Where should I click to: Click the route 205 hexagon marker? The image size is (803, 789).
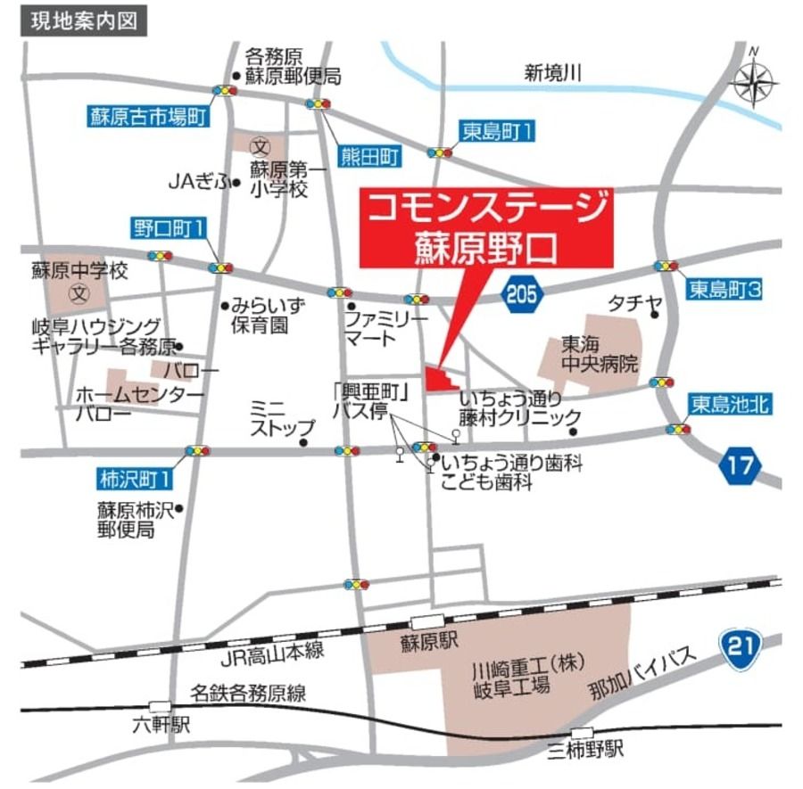click(x=521, y=292)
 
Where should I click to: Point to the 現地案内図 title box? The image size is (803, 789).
click(x=84, y=21)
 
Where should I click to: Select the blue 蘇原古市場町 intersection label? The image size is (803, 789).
click(x=148, y=116)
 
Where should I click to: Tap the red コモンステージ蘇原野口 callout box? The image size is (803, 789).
click(x=487, y=226)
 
